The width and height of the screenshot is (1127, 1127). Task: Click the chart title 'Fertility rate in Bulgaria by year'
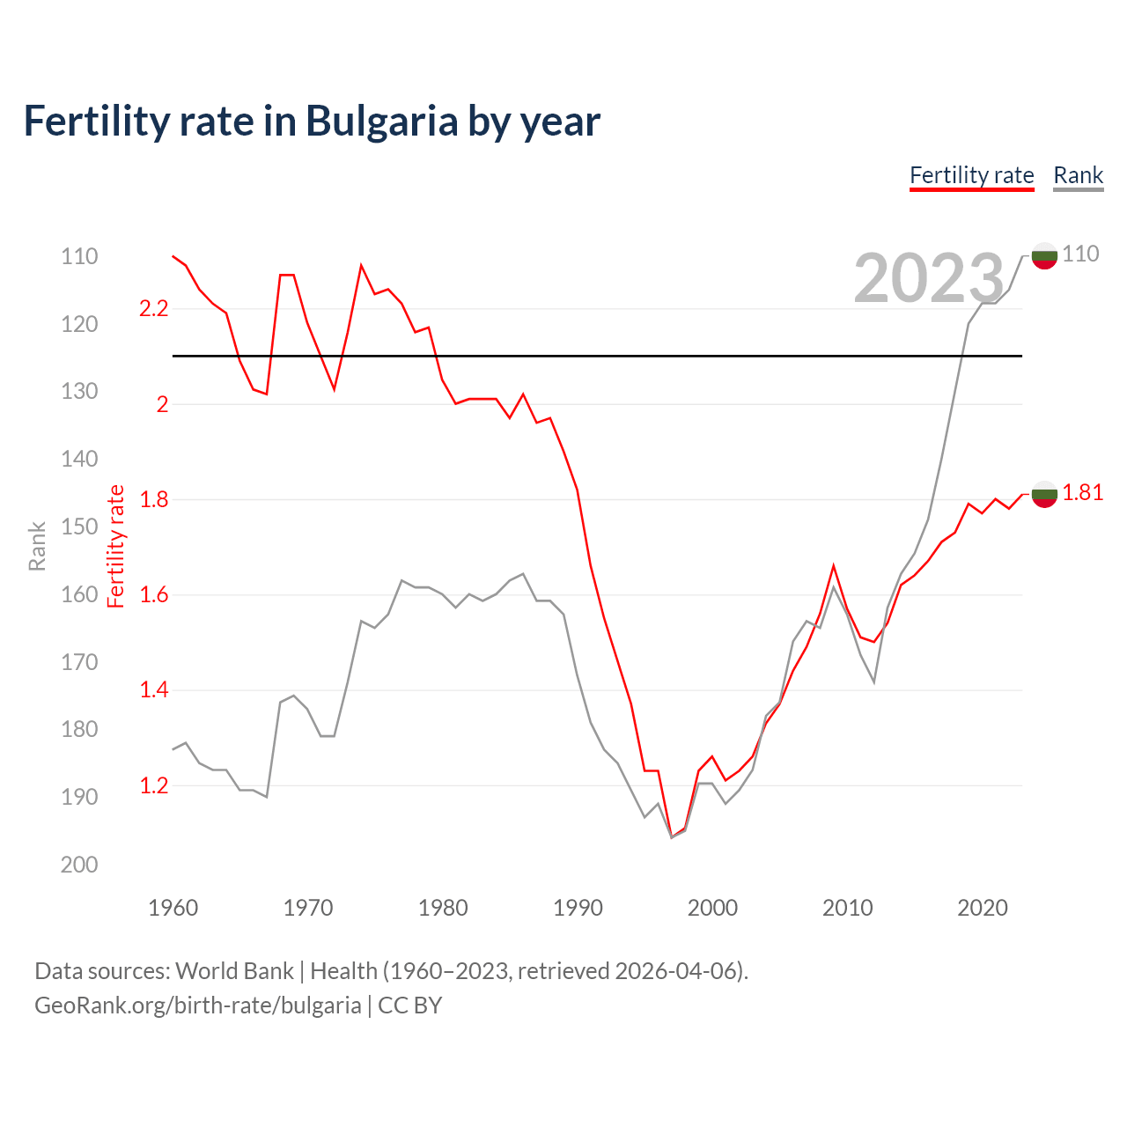312,122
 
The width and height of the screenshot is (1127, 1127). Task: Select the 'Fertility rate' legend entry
971,175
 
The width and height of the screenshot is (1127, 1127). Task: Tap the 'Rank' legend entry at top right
1078,175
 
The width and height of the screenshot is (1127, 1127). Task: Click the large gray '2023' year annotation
929,278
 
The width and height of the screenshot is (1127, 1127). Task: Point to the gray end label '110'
1080,254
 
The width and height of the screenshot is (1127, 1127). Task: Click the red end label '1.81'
1082,492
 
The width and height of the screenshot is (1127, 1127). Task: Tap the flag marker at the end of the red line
1044,494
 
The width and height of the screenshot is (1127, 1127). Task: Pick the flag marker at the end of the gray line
1044,255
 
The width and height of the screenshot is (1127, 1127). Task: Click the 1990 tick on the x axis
578,908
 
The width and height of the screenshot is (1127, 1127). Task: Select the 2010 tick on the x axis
847,908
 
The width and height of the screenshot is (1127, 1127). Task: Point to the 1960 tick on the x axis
173,908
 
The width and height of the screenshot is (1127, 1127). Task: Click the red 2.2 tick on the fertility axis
153,308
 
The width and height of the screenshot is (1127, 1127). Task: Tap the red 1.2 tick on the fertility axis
153,785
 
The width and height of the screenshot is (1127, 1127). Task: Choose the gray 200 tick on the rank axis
79,865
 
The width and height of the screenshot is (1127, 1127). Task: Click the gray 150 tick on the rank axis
79,527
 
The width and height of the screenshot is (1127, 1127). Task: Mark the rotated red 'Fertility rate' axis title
116,547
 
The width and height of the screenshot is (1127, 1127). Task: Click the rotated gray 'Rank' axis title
37,547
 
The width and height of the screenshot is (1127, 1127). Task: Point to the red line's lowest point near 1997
672,836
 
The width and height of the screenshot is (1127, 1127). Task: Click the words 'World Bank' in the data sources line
234,971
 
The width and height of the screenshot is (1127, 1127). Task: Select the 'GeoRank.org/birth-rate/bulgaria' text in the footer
198,1005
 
